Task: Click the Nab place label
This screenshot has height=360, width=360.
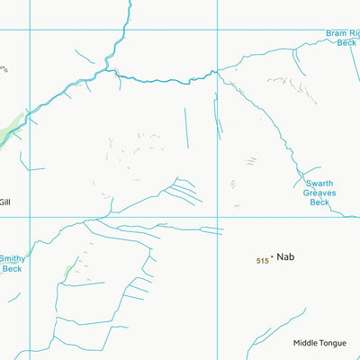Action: [x=285, y=257]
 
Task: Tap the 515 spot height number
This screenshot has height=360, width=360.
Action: [x=262, y=261]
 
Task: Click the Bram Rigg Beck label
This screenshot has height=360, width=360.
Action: [x=342, y=38]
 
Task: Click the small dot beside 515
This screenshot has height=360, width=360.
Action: [x=271, y=259]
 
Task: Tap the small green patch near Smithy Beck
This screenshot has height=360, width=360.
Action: [x=69, y=269]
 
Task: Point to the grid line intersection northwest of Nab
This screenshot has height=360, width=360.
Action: [x=217, y=216]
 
